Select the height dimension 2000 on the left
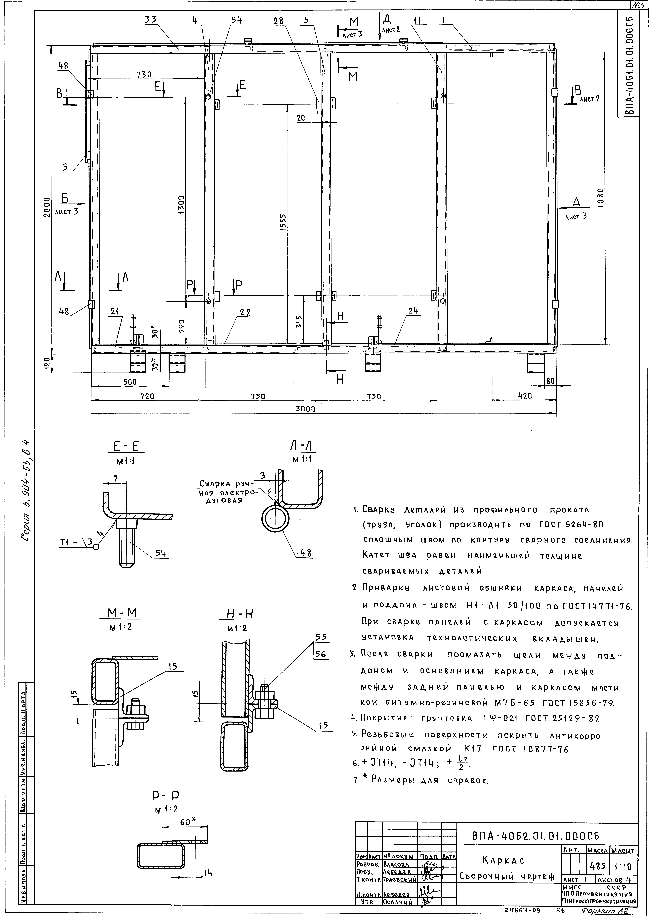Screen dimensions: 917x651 pos(47,207)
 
